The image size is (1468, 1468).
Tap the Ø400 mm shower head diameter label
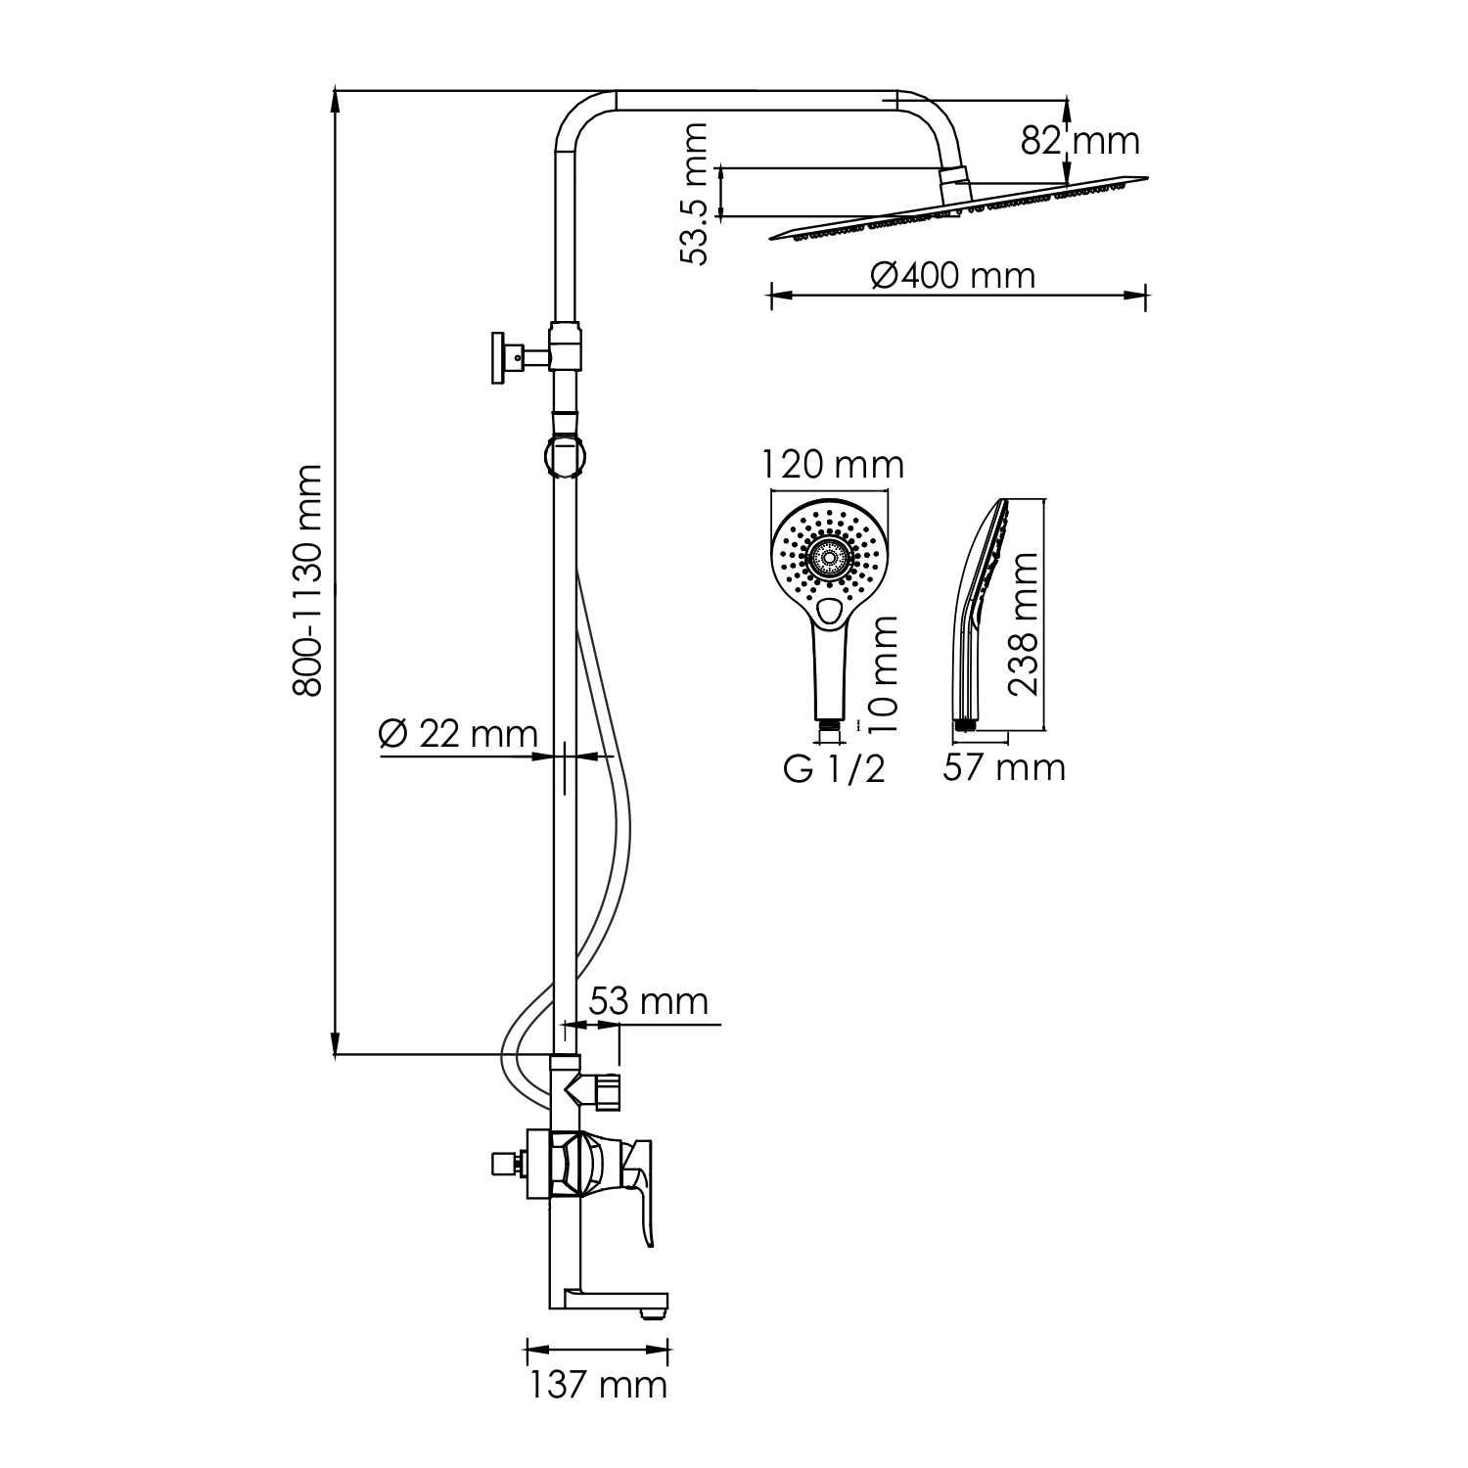tap(952, 276)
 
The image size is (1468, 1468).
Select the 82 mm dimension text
tap(1079, 141)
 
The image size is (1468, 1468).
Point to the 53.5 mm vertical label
tap(695, 194)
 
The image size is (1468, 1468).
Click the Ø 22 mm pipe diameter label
tap(458, 734)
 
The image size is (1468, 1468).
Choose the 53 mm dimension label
tap(648, 1001)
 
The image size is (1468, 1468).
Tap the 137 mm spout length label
tap(598, 1385)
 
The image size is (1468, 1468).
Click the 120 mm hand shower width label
tap(834, 464)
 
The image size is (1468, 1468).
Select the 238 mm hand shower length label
tap(1024, 623)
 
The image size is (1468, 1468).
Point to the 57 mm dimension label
tap(1003, 767)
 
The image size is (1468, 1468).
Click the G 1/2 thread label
tap(834, 769)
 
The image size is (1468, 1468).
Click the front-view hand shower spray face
tap(830, 560)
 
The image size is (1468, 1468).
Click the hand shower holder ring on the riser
tap(566, 456)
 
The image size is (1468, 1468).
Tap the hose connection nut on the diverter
tap(608, 1092)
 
